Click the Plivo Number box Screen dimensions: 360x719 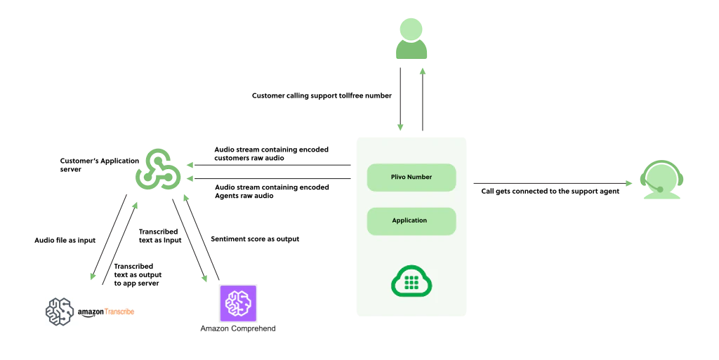click(x=411, y=178)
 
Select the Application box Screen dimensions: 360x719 click(x=411, y=221)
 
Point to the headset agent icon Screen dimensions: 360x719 click(x=661, y=181)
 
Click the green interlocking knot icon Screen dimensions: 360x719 click(x=159, y=168)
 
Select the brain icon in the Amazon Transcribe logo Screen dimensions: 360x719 click(x=60, y=311)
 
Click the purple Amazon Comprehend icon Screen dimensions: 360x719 click(x=235, y=302)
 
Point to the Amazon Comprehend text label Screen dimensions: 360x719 click(x=238, y=328)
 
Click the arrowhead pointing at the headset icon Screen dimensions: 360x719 click(x=627, y=184)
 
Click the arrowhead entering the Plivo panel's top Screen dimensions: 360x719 click(x=400, y=128)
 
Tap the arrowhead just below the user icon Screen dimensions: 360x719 click(x=422, y=72)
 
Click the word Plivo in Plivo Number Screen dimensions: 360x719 click(x=399, y=178)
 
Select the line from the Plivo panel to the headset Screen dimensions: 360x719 click(x=548, y=183)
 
